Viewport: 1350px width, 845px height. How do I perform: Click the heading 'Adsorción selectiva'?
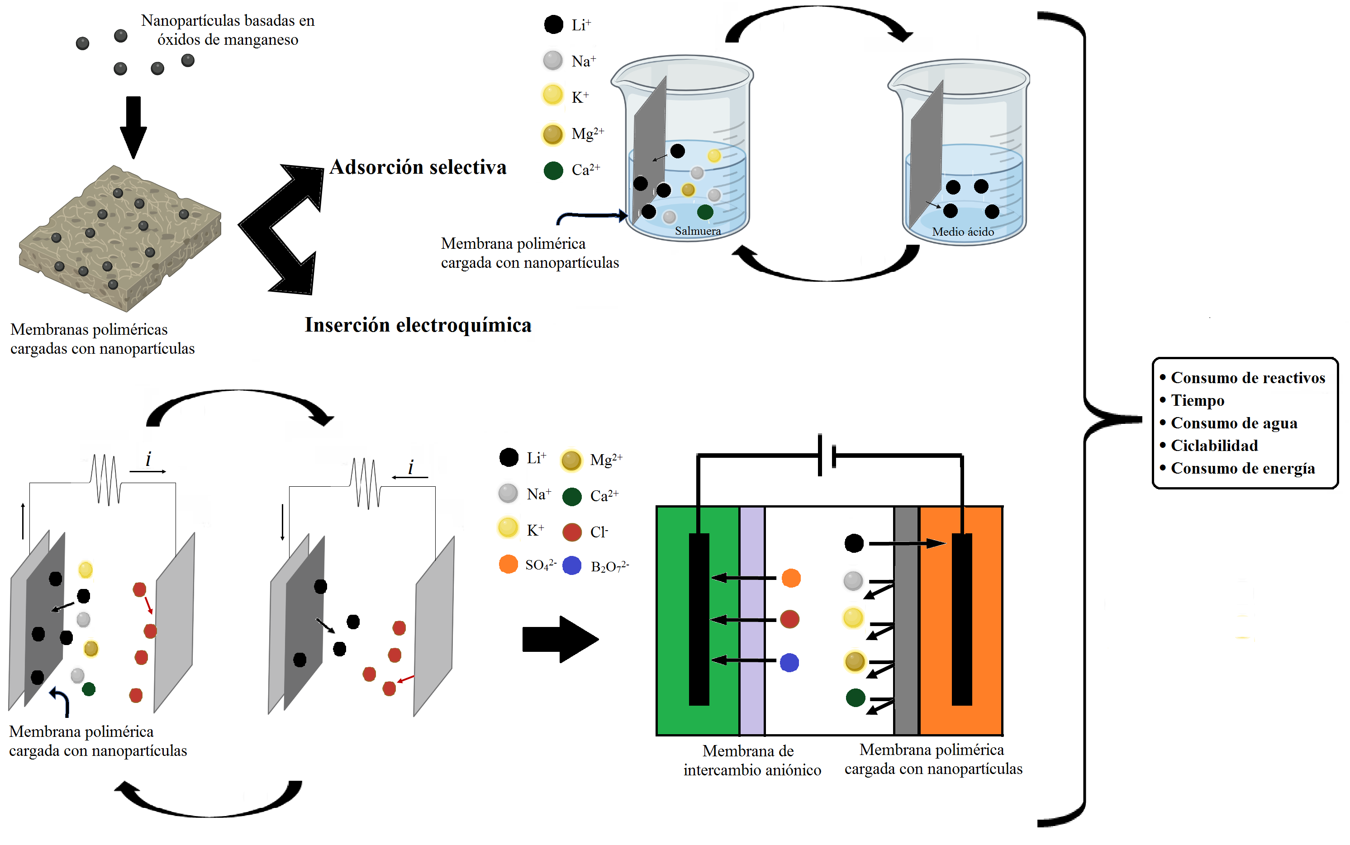pos(418,167)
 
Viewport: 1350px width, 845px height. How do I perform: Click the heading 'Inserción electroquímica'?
pos(418,325)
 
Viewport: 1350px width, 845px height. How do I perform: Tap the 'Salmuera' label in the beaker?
pos(697,231)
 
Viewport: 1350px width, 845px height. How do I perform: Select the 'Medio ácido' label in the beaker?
pos(962,231)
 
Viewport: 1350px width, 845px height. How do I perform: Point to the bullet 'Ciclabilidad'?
pos(1214,446)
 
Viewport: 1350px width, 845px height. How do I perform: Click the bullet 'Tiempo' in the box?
pos(1197,400)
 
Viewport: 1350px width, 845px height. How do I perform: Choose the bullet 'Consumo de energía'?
pos(1242,468)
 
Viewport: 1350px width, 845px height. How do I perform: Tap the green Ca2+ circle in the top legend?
pos(553,171)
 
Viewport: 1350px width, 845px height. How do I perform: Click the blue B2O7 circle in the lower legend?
pos(572,565)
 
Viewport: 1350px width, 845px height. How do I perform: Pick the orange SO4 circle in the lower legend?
pos(508,565)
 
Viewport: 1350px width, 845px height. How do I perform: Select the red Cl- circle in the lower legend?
pos(572,532)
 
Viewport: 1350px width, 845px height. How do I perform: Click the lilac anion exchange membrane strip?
pos(752,620)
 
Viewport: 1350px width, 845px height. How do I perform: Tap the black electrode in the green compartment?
pos(699,619)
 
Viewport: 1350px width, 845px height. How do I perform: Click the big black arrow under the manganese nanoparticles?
pos(133,128)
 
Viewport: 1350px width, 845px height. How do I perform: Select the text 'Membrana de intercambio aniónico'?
pos(751,760)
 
